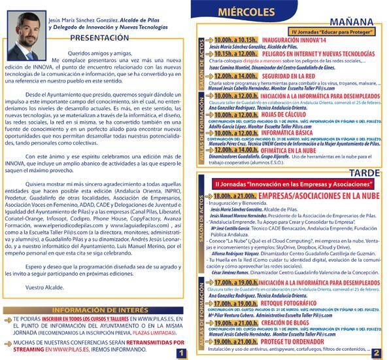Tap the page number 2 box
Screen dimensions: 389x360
377,352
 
